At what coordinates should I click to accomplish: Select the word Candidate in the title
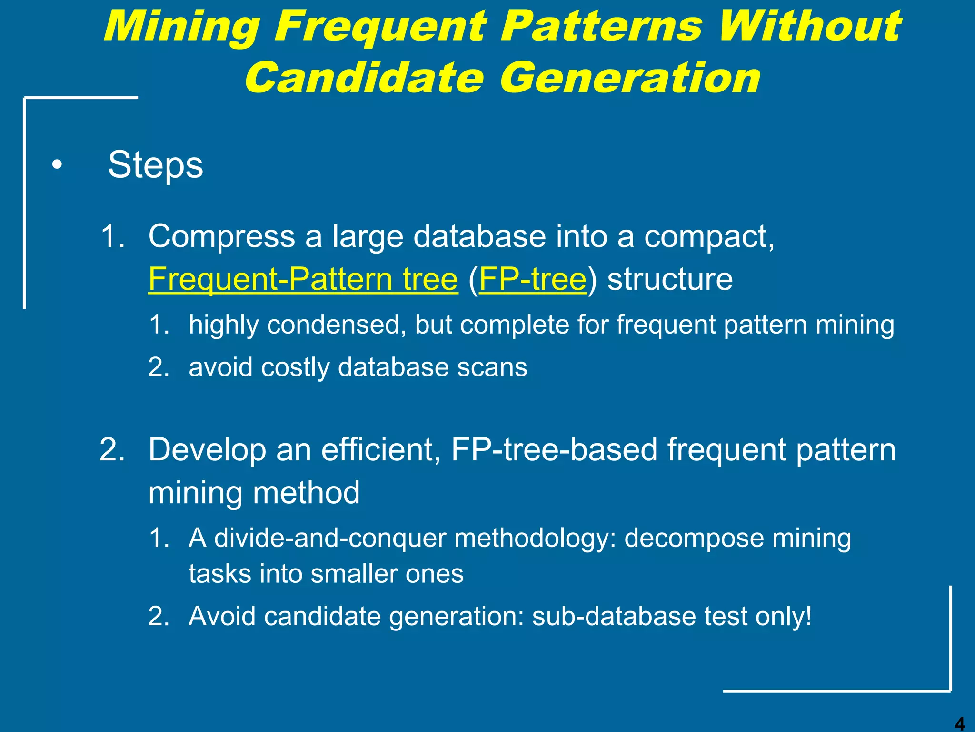coord(364,78)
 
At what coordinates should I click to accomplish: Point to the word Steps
coord(155,165)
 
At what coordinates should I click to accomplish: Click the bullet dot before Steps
coord(57,165)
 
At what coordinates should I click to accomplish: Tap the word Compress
coord(222,236)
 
